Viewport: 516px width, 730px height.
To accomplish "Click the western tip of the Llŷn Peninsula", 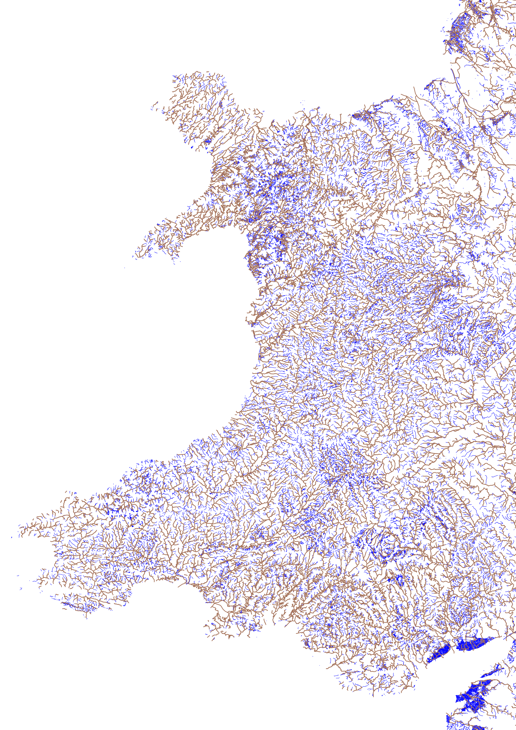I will point(133,256).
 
